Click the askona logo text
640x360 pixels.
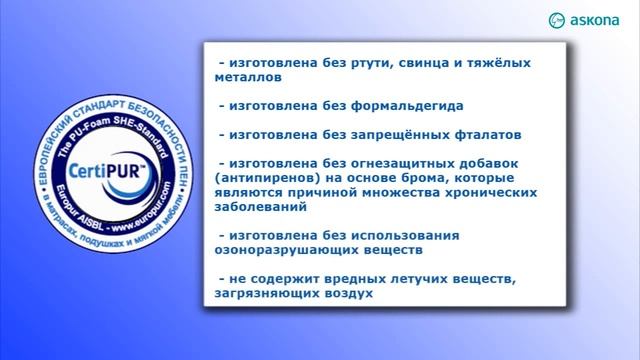[x=599, y=19]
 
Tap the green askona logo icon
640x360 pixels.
[x=558, y=19]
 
